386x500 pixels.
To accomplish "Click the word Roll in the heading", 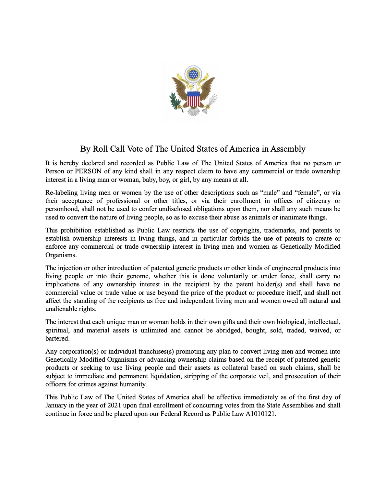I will point(100,149).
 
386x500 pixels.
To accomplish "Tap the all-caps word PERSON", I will point(88,171).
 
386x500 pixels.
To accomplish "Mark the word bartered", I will point(57,338).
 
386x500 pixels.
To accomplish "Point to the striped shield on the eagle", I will point(194,99).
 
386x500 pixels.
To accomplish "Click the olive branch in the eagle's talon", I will point(176,101).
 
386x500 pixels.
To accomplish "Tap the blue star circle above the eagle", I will point(193,74).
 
